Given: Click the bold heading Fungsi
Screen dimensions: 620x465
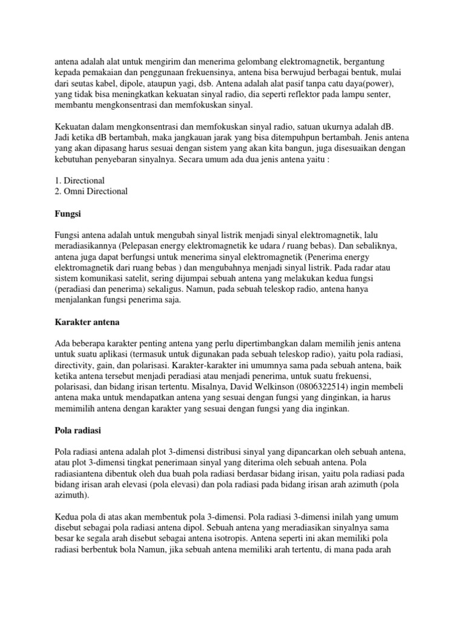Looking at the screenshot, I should pos(69,214).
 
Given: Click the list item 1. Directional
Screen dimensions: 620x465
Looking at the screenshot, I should pos(80,180).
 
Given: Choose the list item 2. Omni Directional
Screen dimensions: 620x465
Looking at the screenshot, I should pos(91,191).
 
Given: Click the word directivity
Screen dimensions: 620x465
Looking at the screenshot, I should pos(77,365).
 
